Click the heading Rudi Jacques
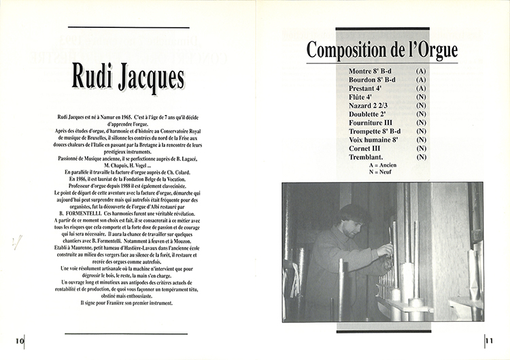point(126,76)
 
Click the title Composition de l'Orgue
point(381,50)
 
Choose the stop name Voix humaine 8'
point(373,140)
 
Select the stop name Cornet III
point(364,148)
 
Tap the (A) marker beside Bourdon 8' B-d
point(421,80)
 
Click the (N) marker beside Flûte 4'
point(421,97)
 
